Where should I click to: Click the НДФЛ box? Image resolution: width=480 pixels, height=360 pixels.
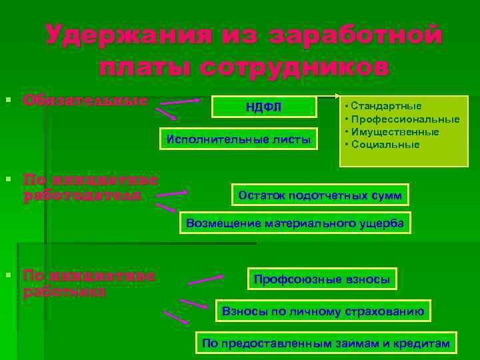coord(263,106)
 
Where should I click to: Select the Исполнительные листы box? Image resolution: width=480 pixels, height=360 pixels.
coord(238,139)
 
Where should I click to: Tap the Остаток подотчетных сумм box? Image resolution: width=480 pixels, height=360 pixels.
coord(321,195)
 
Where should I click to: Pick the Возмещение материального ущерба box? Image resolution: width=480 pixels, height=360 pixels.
coord(295,223)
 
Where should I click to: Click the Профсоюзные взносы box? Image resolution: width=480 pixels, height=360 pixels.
coord(322,279)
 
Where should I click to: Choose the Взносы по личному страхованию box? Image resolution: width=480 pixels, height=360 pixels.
coord(323,311)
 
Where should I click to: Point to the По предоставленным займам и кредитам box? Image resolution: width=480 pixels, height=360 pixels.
coord(326,343)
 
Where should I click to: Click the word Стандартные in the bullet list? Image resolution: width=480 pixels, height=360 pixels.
coord(386,106)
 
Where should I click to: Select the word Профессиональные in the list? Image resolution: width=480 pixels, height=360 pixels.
coord(405,119)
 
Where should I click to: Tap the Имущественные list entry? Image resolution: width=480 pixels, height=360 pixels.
coord(395,132)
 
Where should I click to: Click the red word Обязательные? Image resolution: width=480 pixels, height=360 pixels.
coord(85,101)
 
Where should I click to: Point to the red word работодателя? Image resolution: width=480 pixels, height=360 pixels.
coord(82,195)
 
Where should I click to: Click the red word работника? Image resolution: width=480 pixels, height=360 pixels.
coord(65,291)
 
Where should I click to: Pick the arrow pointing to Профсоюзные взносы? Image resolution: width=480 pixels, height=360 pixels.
coord(205,278)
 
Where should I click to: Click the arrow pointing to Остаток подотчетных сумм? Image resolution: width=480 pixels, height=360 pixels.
coord(171,194)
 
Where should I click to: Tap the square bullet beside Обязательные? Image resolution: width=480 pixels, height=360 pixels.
coord(8,100)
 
